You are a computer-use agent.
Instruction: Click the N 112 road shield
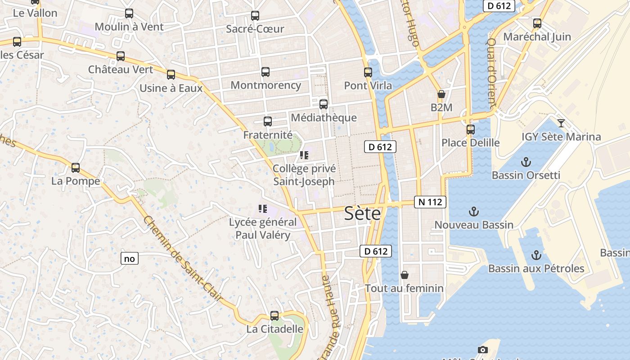pos(430,202)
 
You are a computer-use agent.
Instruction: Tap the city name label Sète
pos(362,214)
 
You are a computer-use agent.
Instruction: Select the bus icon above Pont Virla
pos(368,72)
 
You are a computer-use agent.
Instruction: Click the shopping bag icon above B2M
pos(441,94)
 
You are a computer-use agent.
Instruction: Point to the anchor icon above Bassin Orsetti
pos(526,162)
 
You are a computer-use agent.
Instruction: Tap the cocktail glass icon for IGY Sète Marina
pos(561,123)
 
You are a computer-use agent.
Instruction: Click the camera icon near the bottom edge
pos(482,350)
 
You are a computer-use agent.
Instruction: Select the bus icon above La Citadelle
pos(274,315)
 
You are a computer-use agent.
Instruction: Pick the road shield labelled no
pos(129,258)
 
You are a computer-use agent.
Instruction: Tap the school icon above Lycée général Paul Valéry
pos(263,208)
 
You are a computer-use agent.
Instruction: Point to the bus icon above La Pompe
pos(76,168)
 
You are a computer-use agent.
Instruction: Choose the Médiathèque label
pos(324,118)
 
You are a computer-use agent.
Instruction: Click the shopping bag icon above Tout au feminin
pos(405,274)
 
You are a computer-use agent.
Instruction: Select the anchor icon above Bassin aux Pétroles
pos(536,255)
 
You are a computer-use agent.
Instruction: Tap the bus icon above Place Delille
pos(471,129)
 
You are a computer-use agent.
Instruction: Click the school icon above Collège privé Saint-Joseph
pos(304,155)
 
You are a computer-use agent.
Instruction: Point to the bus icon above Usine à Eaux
pos(171,75)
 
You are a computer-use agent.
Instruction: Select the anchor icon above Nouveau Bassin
pos(473,211)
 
